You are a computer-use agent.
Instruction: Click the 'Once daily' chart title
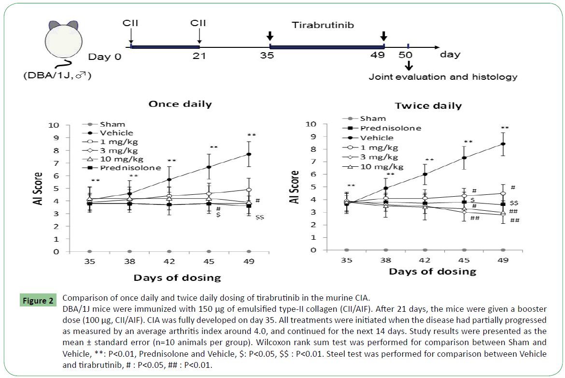coord(180,104)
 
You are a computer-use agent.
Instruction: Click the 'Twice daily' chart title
coord(428,105)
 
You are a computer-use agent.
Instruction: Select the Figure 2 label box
coord(38,301)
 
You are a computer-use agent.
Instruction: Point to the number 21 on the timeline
coord(199,56)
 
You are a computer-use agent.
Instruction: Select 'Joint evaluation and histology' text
coord(443,76)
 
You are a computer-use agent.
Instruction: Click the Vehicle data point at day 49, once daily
coord(249,154)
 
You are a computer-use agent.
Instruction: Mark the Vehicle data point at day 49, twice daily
coord(503,144)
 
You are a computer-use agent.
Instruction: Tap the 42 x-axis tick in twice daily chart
coord(425,260)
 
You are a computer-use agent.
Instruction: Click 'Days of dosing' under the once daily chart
coord(178,277)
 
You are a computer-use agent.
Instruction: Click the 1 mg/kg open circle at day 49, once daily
coord(249,189)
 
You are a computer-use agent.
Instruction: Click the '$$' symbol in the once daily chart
coord(260,218)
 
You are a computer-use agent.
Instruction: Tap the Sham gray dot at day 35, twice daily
coord(346,250)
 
